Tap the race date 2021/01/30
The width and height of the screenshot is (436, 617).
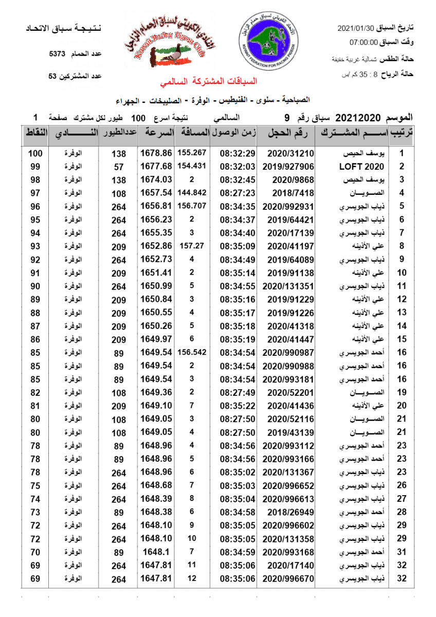click(x=356, y=29)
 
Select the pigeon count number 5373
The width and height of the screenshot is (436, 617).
click(x=58, y=53)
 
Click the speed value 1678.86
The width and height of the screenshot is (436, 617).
click(x=155, y=153)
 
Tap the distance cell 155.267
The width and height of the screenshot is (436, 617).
click(x=191, y=153)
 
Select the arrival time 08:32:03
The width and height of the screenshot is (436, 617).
click(x=238, y=167)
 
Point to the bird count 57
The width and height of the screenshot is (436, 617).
click(x=119, y=167)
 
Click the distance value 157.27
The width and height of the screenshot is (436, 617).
click(x=191, y=246)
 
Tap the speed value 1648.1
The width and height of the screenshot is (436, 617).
click(x=155, y=552)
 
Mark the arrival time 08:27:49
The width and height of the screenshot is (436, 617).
click(x=238, y=393)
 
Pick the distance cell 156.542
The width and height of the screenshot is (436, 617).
click(x=191, y=353)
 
